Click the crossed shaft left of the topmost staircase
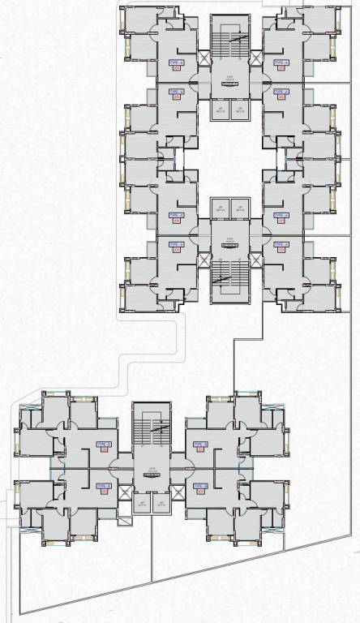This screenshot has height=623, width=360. (x=204, y=58)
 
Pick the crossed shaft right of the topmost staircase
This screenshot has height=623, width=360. (x=256, y=58)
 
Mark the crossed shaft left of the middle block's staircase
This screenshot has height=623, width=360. (x=204, y=260)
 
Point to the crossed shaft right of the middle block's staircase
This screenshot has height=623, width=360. (x=256, y=260)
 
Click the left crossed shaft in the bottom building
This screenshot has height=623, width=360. (x=125, y=492)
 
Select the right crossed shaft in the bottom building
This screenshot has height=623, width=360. (x=178, y=492)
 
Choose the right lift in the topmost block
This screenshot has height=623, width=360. (x=240, y=110)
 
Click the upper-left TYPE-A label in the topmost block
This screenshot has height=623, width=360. (x=176, y=62)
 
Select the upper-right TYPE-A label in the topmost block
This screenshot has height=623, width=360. (x=281, y=62)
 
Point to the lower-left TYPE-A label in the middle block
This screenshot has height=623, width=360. (x=176, y=244)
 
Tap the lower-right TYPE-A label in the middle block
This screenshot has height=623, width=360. (x=281, y=244)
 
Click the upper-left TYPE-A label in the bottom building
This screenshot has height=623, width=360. (x=102, y=445)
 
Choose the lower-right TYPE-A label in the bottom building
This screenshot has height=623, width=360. (x=200, y=486)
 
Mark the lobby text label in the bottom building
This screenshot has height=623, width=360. (x=152, y=472)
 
